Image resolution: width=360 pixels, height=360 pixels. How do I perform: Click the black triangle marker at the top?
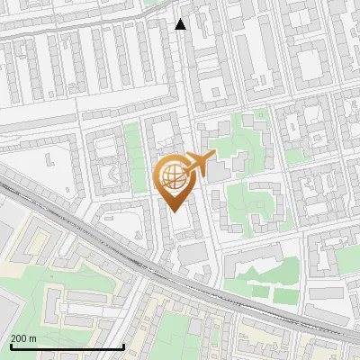tap(181, 24)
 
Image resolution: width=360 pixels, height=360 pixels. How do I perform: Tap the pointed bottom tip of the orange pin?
tap(175, 210)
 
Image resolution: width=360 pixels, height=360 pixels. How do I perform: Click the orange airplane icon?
tap(198, 164)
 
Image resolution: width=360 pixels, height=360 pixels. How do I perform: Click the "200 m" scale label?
tap(23, 337)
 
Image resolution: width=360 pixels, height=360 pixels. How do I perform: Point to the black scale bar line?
tap(67, 346)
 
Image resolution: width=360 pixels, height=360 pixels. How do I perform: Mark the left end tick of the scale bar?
tap(11, 345)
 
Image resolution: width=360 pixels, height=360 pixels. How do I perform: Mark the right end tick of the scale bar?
tap(123, 345)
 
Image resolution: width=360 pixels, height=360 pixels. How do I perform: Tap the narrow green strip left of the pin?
tap(136, 157)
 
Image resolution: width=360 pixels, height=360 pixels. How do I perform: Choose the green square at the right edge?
tap(347, 259)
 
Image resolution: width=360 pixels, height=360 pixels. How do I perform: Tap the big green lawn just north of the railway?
tap(270, 289)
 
